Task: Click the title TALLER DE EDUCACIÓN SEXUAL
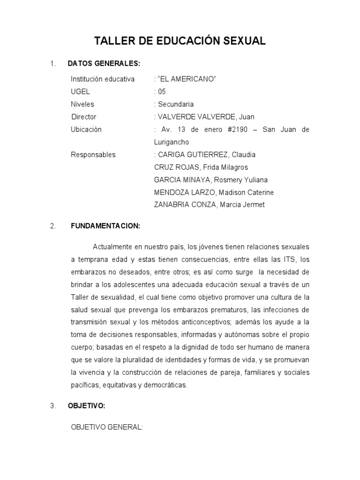(180, 41)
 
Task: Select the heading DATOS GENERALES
(104, 63)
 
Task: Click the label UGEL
(80, 91)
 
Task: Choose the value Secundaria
(176, 104)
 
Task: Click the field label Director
(83, 117)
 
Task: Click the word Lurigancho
(172, 142)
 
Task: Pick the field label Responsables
(93, 155)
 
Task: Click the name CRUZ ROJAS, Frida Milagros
(201, 167)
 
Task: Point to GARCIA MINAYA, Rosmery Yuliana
(211, 180)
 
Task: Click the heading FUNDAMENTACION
(105, 226)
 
